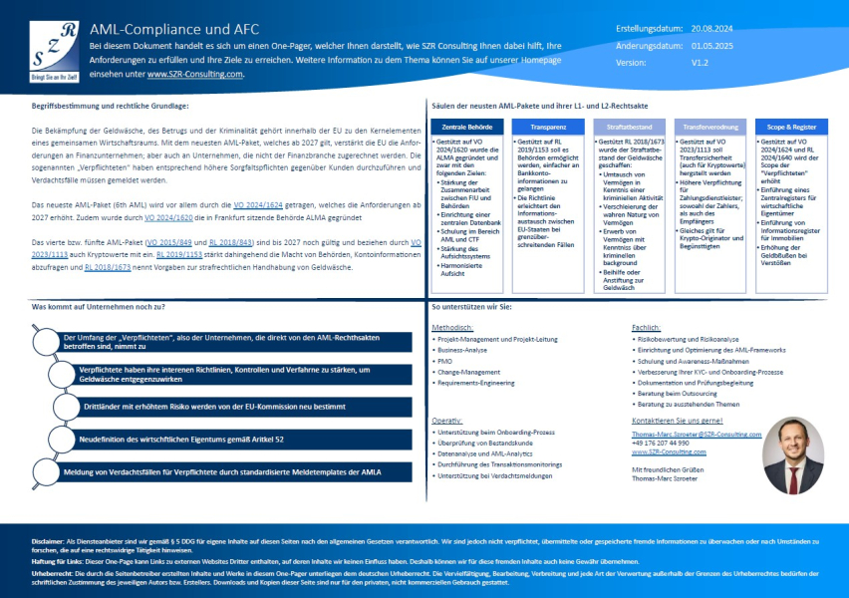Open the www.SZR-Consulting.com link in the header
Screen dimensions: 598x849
tap(194, 74)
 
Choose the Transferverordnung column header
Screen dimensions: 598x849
tap(711, 127)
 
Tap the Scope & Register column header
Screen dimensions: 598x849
tap(793, 127)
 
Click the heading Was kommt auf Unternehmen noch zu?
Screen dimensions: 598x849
tap(100, 307)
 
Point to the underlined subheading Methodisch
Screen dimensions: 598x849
tap(453, 326)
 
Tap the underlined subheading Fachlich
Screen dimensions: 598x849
tap(647, 326)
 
